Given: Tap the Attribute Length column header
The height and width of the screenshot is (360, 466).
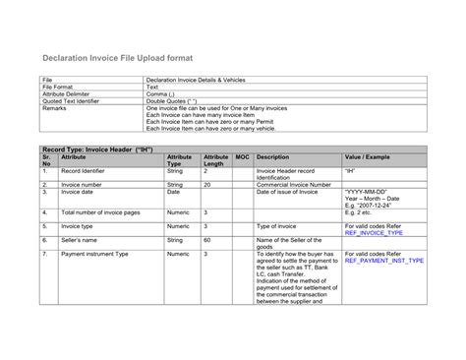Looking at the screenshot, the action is (215, 160).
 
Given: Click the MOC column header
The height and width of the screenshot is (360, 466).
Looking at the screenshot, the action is (242, 156).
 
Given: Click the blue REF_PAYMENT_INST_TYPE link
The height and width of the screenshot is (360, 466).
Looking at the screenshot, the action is (385, 261).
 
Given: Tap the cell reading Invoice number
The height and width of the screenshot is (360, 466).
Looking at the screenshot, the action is (83, 183).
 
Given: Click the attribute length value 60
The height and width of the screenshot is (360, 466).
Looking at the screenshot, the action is (207, 240).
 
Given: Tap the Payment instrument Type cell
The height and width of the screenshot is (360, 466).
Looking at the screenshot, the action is (94, 254).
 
